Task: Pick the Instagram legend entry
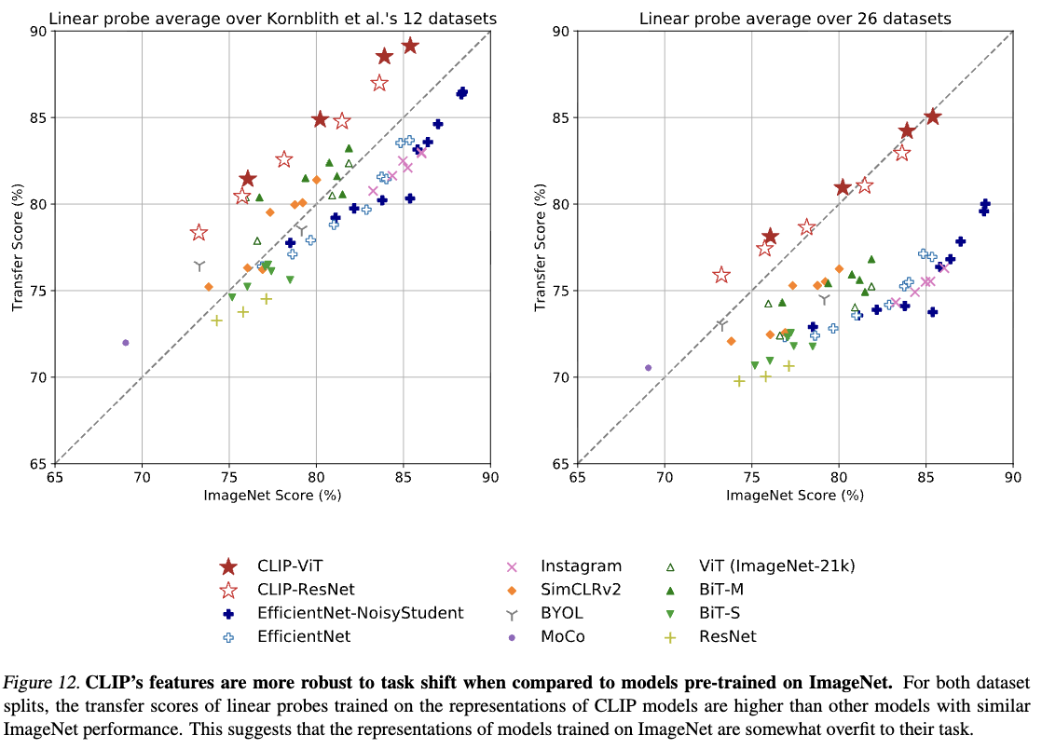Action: coord(581,565)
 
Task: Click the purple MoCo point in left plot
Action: coord(126,343)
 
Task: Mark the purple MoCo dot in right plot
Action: coord(649,368)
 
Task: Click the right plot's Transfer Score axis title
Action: coord(539,247)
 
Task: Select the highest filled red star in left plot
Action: coord(409,46)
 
